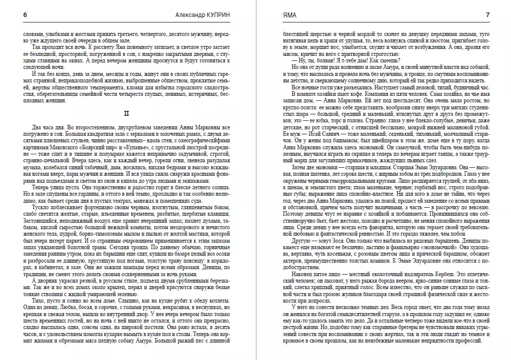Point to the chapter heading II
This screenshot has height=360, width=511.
point(127,114)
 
